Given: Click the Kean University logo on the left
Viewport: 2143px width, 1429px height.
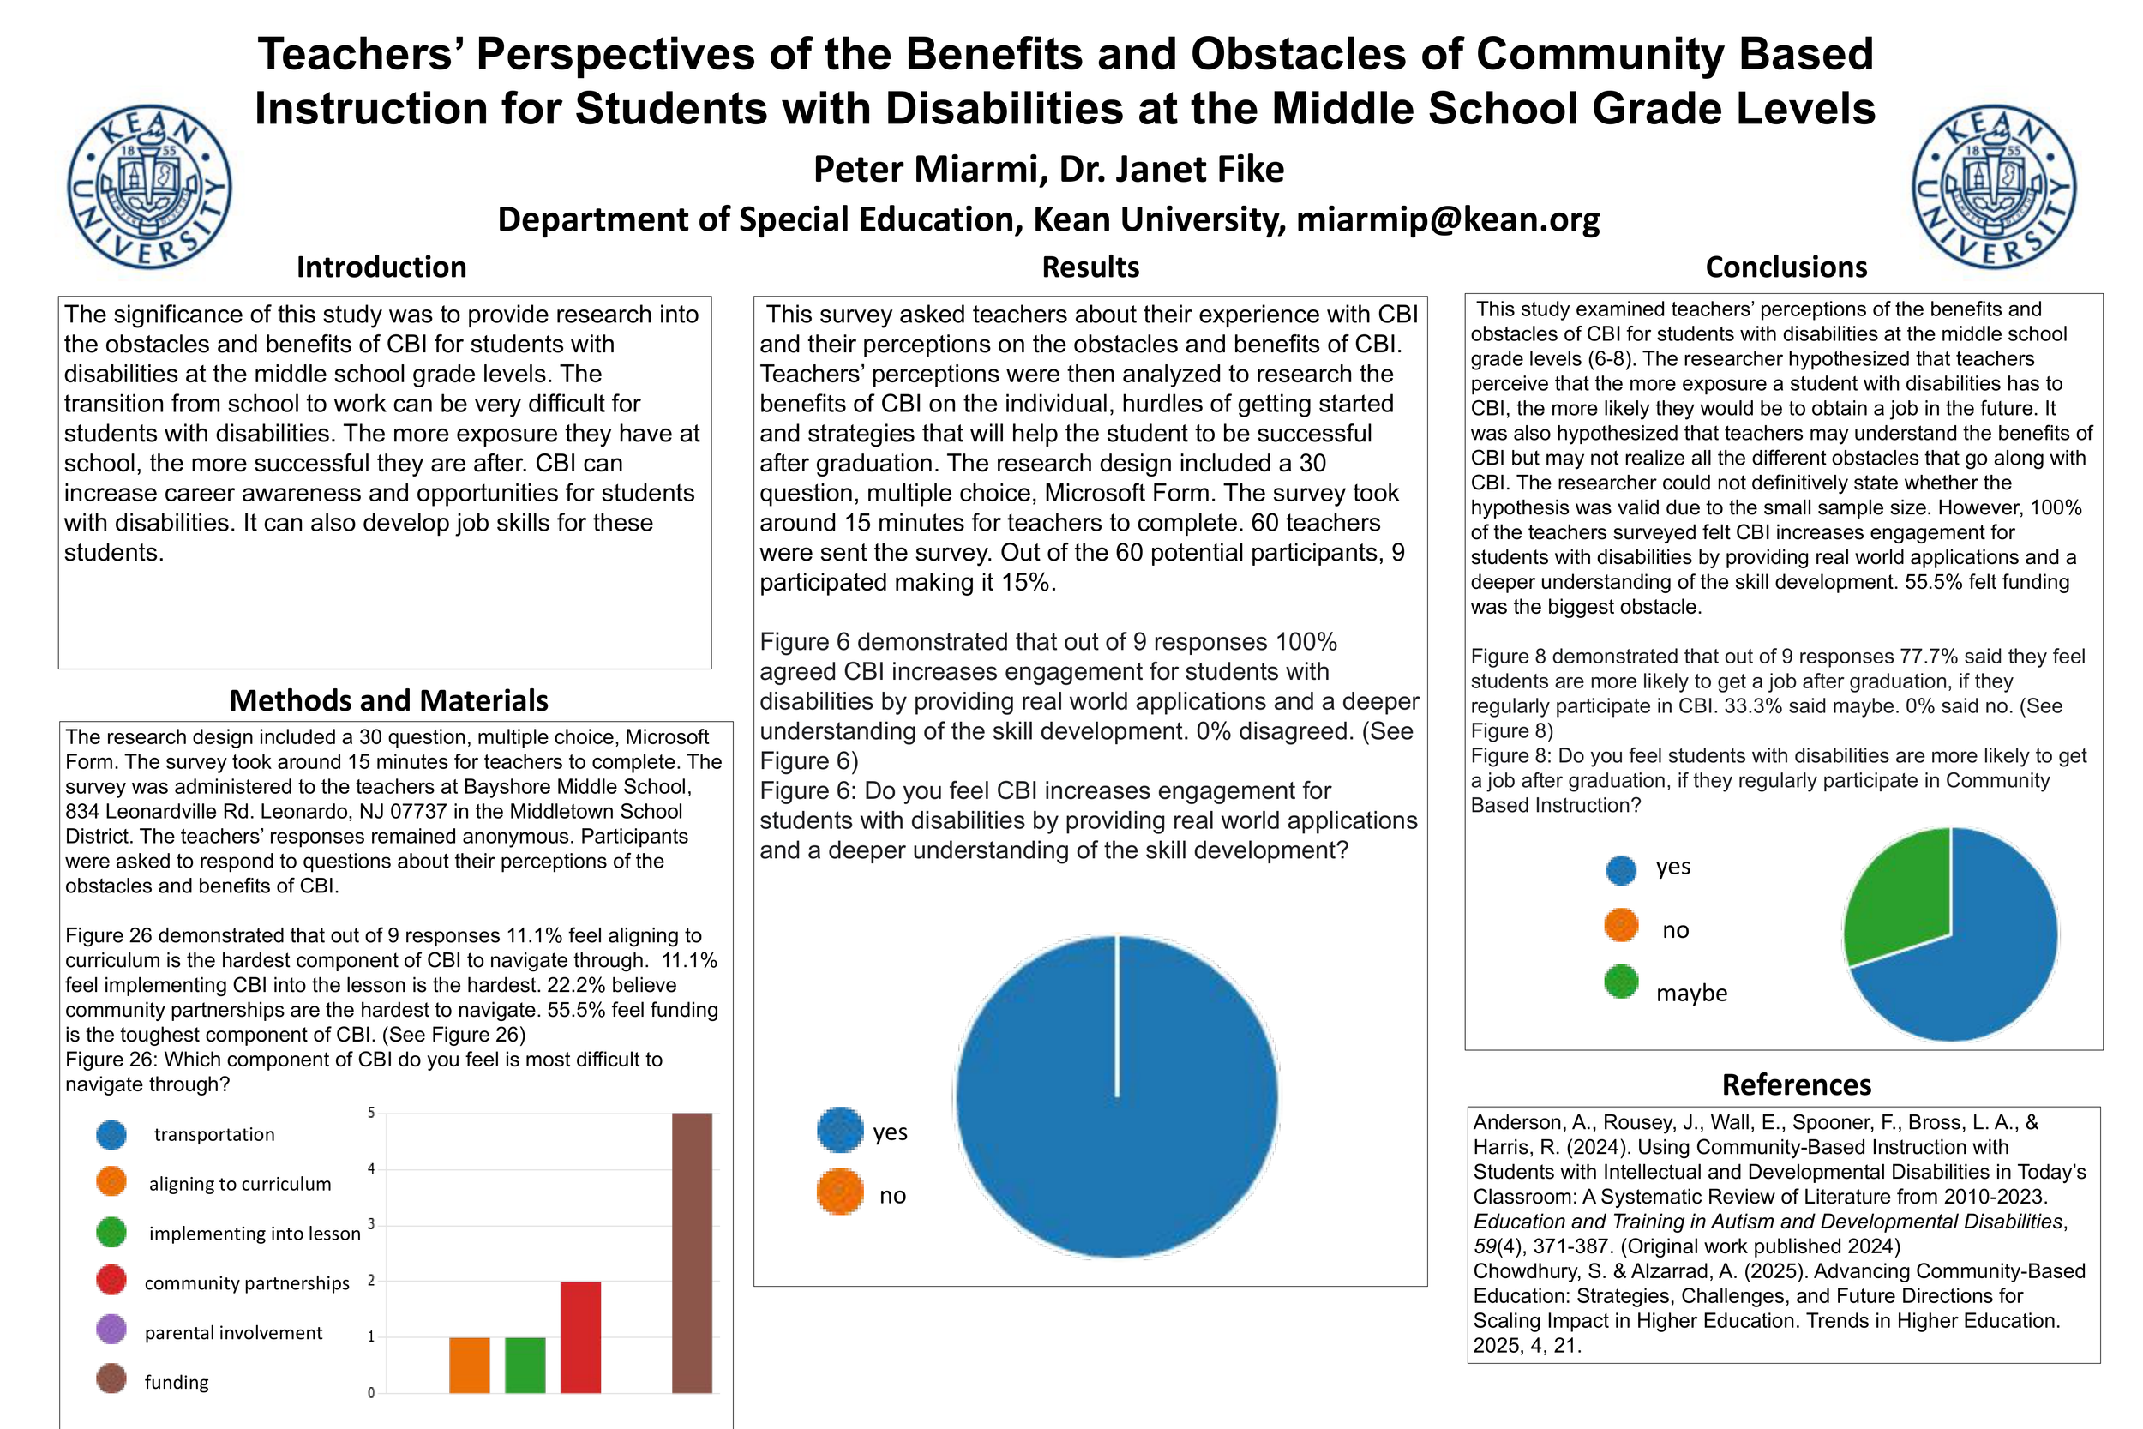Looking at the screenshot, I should point(149,187).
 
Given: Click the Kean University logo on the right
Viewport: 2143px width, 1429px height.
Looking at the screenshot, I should point(1994,187).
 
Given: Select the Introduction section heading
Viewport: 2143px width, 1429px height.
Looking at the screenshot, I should point(381,267).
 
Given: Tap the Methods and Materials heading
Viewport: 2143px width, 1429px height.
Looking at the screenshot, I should point(388,699).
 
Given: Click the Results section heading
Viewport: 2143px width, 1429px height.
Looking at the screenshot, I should point(1090,267).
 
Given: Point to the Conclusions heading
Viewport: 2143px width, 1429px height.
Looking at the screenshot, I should point(1786,267).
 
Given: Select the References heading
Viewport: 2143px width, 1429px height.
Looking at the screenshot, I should point(1796,1084).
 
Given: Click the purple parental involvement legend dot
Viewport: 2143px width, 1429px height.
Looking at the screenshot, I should point(111,1330).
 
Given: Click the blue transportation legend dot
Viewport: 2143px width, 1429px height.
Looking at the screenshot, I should point(111,1134).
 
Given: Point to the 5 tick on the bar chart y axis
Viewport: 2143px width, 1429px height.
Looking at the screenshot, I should point(371,1113).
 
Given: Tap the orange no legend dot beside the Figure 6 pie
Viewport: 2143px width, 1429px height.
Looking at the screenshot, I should point(839,1192).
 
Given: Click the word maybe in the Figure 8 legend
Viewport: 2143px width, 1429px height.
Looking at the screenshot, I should point(1691,994).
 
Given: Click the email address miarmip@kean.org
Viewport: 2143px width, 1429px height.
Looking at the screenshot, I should point(1448,219).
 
